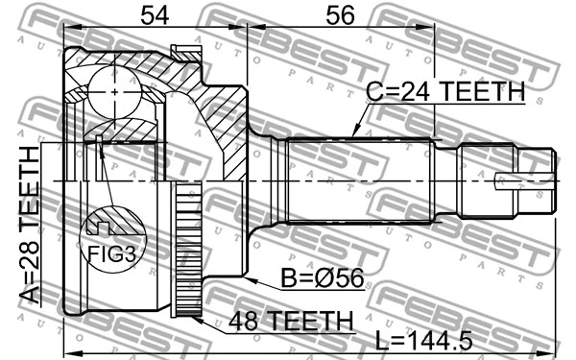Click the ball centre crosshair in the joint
113,93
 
